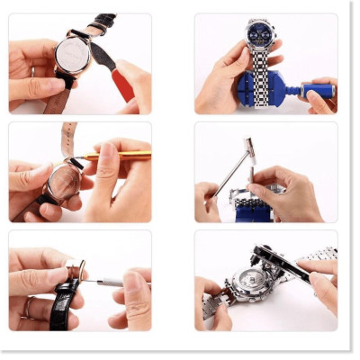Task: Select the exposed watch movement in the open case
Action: (245, 286)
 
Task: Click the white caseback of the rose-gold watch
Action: (71, 54)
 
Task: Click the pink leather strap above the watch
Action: (68, 137)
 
